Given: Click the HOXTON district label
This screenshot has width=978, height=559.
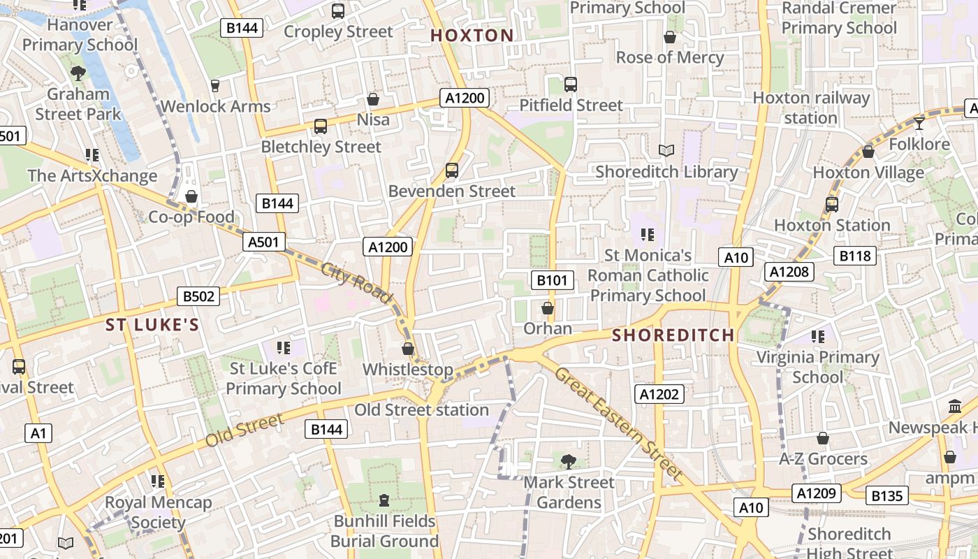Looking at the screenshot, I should click(x=472, y=36).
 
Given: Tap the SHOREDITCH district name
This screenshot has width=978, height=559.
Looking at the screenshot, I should click(x=673, y=335).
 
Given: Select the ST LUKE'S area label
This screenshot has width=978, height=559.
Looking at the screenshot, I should click(x=152, y=325).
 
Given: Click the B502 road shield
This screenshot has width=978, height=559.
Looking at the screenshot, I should click(x=198, y=296).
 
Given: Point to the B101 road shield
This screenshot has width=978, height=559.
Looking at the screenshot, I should click(x=552, y=281).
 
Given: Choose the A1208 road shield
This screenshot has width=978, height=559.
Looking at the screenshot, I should click(x=789, y=272).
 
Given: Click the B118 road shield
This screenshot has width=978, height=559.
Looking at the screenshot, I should click(x=855, y=256).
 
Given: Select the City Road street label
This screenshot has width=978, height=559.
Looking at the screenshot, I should click(x=356, y=282).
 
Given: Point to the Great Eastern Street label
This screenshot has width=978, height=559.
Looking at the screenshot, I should click(x=618, y=423).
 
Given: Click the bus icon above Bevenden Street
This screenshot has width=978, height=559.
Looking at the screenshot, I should click(x=452, y=170).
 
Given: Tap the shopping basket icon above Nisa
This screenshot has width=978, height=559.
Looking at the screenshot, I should click(x=373, y=99).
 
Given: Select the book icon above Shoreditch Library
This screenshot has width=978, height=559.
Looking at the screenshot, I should click(x=666, y=151).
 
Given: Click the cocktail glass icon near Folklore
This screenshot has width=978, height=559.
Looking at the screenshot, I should click(x=919, y=124).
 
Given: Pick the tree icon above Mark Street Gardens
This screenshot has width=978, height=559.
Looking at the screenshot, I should click(x=569, y=461).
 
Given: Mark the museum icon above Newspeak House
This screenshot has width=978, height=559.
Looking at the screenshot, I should click(x=955, y=407).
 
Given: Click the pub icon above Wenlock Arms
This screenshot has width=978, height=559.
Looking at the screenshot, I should click(x=215, y=86).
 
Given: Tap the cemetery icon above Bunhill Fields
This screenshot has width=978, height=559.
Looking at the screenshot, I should click(x=384, y=500).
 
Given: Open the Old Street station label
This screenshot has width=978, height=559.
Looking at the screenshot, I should click(x=421, y=410).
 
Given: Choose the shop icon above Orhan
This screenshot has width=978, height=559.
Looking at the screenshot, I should click(x=548, y=308).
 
